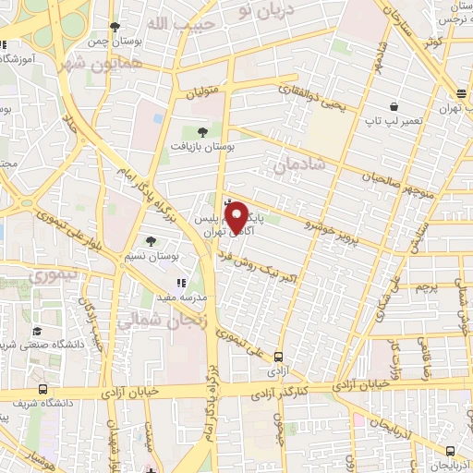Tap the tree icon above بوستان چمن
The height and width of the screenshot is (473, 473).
[x=115, y=28]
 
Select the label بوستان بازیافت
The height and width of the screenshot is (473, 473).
[x=206, y=146]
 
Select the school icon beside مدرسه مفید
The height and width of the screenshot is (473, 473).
[x=182, y=283]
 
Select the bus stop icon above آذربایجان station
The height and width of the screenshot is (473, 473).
[x=450, y=450]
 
